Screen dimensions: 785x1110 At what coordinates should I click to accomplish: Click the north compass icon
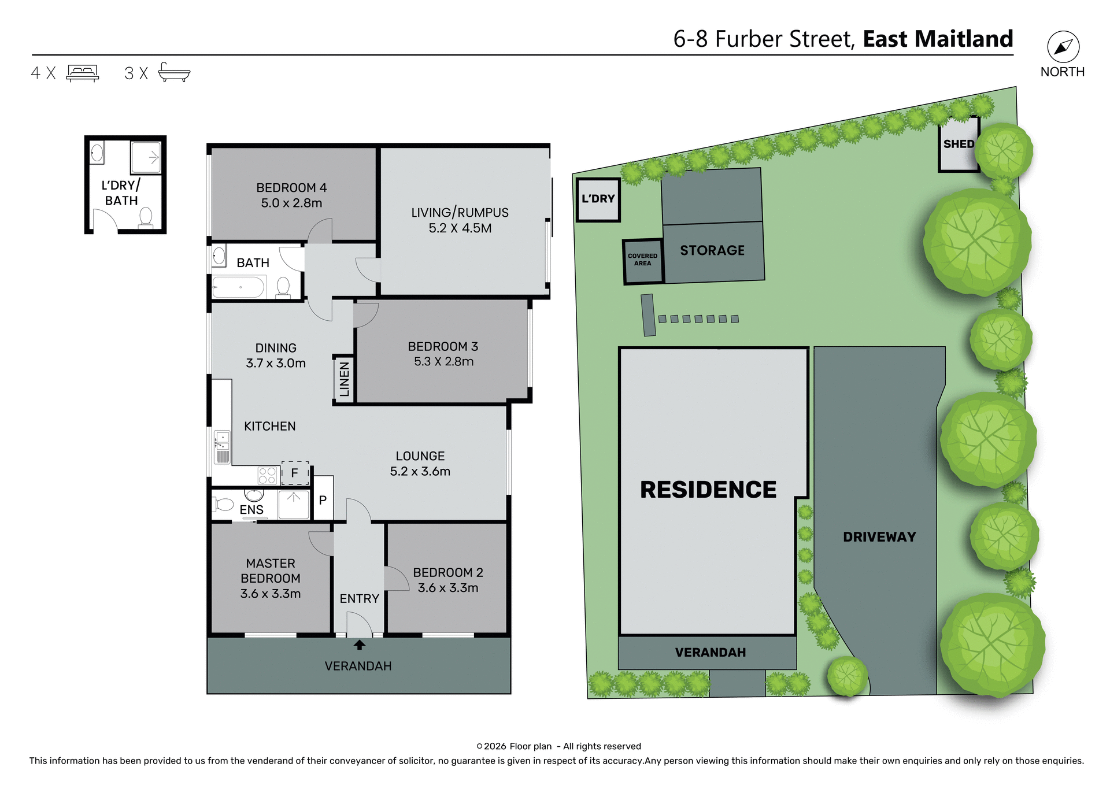coord(1063,47)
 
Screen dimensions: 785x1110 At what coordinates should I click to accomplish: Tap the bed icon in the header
coord(83,73)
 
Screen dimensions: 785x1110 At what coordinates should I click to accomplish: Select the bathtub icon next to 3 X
coord(174,72)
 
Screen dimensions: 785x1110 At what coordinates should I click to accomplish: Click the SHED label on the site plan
coord(959,144)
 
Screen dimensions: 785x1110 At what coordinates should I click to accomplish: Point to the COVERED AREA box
coord(642,260)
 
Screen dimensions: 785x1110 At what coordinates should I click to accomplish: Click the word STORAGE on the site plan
coord(712,250)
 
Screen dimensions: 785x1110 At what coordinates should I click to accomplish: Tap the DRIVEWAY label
coord(879,537)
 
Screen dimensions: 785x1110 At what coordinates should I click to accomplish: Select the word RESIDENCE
coord(708,490)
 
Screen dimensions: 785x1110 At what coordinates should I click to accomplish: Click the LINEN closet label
coord(344,379)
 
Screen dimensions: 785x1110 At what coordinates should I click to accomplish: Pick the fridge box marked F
coord(295,473)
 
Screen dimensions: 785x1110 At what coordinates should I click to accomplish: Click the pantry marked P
coord(323,500)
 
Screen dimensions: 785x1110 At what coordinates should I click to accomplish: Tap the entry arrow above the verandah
coord(359,645)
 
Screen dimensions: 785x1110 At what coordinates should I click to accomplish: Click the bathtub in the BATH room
coord(238,287)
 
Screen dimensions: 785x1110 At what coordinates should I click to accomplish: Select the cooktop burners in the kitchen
coord(267,476)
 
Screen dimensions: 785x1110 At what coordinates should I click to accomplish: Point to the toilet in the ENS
coord(224,505)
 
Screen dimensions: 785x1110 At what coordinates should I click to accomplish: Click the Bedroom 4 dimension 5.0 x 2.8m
coord(291,203)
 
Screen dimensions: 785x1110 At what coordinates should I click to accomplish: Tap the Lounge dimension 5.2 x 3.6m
coord(420,471)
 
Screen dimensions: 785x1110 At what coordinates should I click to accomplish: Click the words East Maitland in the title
coord(938,39)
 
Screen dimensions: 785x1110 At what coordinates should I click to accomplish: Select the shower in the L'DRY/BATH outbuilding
coord(146,157)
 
